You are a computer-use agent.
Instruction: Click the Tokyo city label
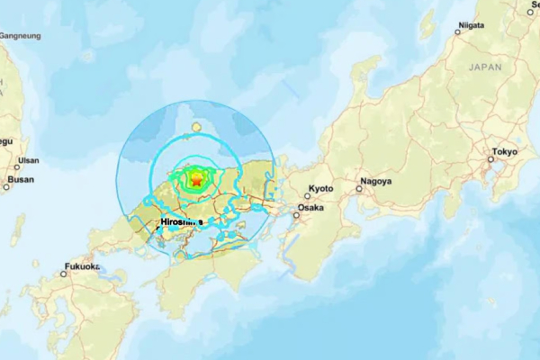pos(504,151)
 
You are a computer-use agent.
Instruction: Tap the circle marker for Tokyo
pos(490,159)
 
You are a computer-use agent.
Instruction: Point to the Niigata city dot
pos(457,31)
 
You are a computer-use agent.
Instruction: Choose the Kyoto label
pos(320,189)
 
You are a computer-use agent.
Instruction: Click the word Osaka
pos(310,207)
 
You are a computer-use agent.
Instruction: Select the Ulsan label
pos(28,160)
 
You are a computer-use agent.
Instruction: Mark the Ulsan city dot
pos(16,166)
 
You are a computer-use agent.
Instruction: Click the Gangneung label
pos(19,35)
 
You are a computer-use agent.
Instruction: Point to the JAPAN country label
pos(486,67)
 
